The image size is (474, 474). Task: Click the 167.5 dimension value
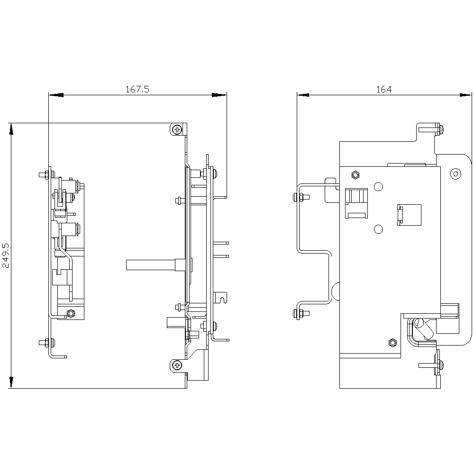[x=137, y=89]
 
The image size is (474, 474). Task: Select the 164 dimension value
[x=384, y=89]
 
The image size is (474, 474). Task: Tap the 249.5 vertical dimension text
[x=6, y=255]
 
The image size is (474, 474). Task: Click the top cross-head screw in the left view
[x=177, y=130]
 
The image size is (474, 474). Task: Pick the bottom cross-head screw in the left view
[x=177, y=366]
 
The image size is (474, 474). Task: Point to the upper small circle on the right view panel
[x=378, y=186]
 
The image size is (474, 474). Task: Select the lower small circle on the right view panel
[x=378, y=229]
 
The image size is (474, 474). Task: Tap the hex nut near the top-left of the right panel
[x=355, y=175]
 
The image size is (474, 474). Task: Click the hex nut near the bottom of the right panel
[x=392, y=343]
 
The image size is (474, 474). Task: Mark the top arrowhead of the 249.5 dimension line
[x=11, y=129]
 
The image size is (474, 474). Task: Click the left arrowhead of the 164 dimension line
[x=303, y=95]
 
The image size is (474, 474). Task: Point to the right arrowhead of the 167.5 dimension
[x=219, y=95]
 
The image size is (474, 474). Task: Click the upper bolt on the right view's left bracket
[x=301, y=197]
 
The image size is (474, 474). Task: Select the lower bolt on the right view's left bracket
[x=301, y=313]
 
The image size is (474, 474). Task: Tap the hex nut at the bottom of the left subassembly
[x=71, y=313]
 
